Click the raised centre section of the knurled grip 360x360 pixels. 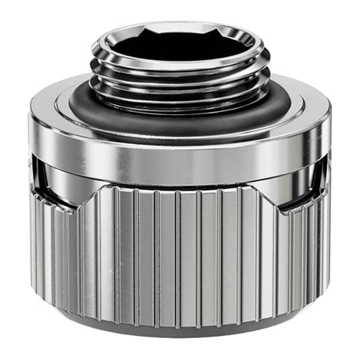[180, 253]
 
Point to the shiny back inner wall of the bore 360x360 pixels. [180, 33]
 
